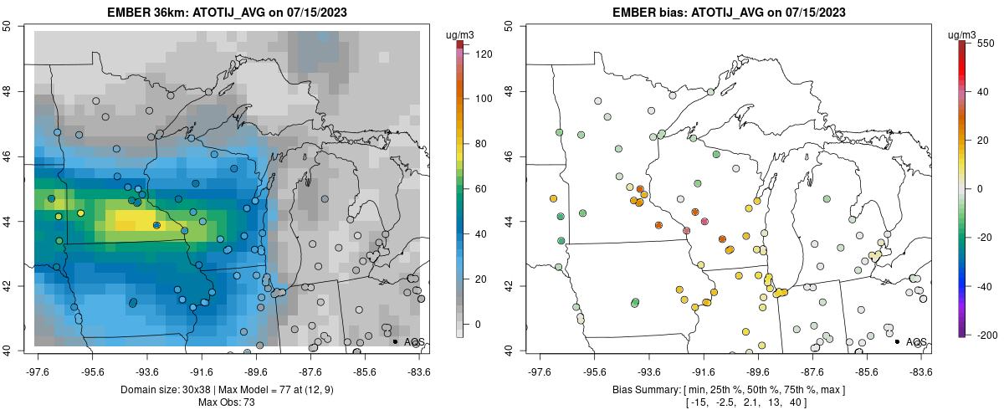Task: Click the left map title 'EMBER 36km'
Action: click(151, 13)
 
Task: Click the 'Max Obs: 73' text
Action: click(227, 402)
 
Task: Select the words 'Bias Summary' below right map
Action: click(646, 390)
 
